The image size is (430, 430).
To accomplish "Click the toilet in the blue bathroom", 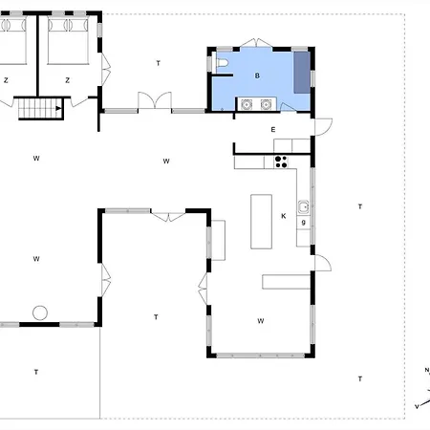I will [222, 64].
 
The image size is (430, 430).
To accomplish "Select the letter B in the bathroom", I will [257, 75].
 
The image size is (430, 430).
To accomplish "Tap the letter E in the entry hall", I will [272, 129].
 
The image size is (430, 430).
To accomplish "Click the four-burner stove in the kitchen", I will [281, 161].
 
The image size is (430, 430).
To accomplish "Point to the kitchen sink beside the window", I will [303, 205].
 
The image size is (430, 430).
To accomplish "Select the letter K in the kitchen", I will [284, 216].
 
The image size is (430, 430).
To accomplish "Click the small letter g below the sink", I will [303, 223].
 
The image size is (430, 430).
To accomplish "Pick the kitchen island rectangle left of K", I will [261, 221].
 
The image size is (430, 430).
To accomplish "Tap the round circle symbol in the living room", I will [40, 312].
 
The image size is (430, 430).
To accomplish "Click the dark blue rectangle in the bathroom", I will [301, 72].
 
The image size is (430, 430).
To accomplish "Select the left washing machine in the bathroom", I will [247, 105].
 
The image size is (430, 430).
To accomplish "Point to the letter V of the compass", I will [417, 406].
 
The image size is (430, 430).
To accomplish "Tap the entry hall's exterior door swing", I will [322, 124].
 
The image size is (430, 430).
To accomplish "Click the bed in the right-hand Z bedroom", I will [68, 37].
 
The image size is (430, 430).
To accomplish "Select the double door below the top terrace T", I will [154, 101].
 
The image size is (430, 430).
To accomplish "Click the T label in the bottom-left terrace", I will [36, 371].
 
